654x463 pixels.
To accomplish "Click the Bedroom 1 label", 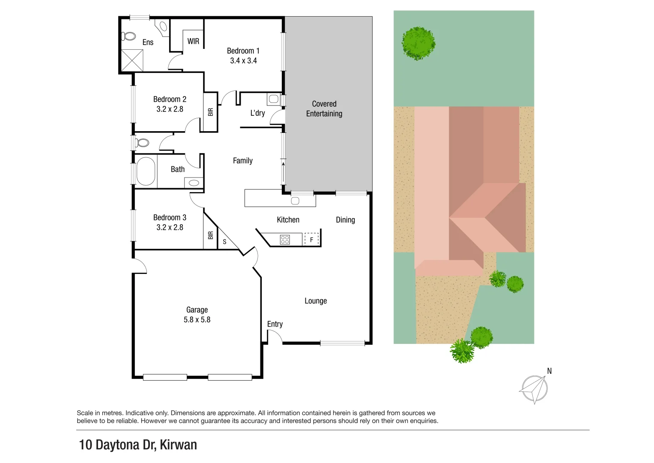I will (x=243, y=51).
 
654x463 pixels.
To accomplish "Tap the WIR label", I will (x=193, y=42).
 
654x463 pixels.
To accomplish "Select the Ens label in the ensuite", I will (x=148, y=42).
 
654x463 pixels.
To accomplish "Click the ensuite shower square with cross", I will (x=132, y=60).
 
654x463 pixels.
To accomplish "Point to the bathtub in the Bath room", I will (x=146, y=171).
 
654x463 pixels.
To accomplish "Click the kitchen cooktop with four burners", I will (x=285, y=240).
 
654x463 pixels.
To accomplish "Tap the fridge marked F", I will (x=311, y=240).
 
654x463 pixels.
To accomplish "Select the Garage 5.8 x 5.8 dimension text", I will (x=197, y=320).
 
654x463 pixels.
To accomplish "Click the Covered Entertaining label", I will (x=324, y=109).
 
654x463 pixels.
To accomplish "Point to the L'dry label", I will (x=257, y=113).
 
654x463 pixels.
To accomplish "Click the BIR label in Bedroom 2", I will (x=210, y=112).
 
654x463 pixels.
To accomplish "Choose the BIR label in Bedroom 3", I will (x=210, y=235).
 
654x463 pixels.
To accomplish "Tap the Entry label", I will (x=275, y=324).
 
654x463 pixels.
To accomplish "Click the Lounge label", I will (x=316, y=301).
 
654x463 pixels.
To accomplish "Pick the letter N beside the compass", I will (x=549, y=371).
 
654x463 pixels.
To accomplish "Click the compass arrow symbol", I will (x=534, y=389).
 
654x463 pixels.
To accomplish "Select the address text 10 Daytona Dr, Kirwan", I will (x=138, y=445).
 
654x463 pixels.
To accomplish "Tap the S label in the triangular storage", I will (x=224, y=242).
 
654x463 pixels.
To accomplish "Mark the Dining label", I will (x=345, y=220).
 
